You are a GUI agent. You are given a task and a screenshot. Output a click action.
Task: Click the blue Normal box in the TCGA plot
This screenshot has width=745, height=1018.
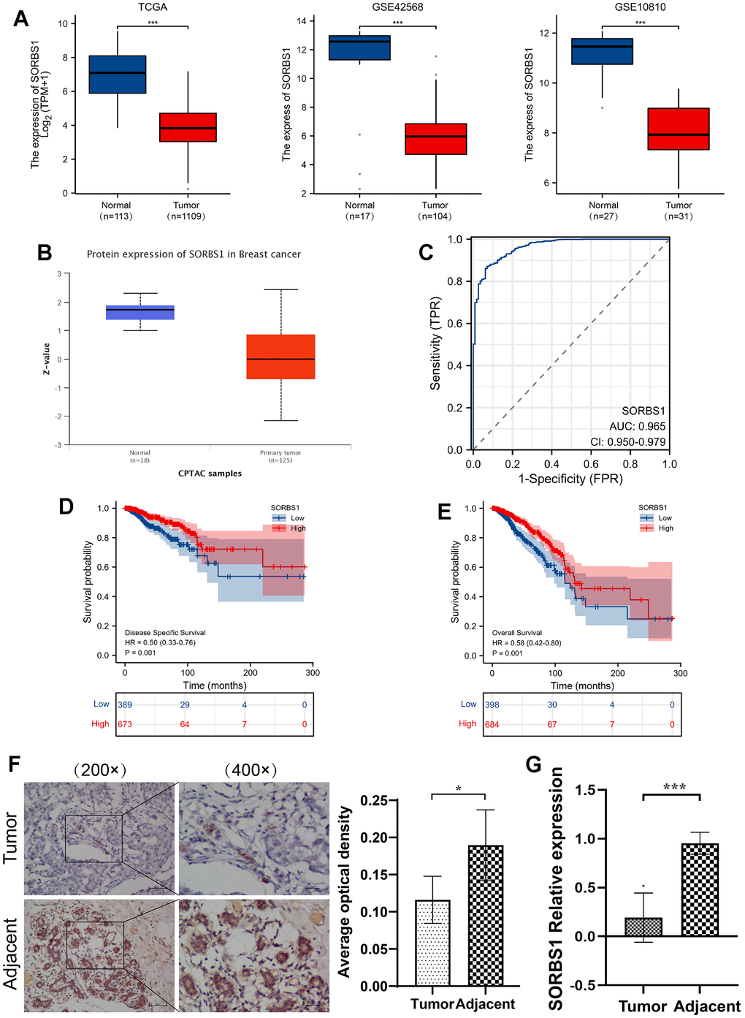coord(118,74)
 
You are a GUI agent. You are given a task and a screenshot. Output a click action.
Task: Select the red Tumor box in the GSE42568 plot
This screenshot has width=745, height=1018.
coord(435,139)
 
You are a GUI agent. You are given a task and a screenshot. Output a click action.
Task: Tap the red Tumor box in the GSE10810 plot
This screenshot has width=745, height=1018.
coord(679,129)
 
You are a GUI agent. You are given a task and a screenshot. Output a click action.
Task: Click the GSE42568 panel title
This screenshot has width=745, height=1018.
coord(397,7)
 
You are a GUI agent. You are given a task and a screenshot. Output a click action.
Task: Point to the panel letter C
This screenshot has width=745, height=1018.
coord(426,253)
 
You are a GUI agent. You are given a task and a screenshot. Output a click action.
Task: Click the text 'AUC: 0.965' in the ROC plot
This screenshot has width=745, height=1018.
coord(637,426)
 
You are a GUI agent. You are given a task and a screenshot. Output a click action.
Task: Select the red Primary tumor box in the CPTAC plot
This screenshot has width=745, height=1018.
coord(280,357)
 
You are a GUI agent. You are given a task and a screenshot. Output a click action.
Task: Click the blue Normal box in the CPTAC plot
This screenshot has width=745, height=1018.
coord(140,312)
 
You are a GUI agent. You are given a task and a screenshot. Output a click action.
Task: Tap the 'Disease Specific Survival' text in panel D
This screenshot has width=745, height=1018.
coord(165,633)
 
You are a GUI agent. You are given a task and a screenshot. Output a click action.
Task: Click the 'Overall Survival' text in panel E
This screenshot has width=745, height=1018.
coord(517,633)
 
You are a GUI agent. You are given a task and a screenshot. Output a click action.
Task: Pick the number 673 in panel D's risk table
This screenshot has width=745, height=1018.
coord(125,724)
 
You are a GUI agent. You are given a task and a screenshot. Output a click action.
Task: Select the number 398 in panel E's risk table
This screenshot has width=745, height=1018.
coord(492,704)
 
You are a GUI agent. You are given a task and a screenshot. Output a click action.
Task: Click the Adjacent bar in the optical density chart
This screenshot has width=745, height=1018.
coord(486,916)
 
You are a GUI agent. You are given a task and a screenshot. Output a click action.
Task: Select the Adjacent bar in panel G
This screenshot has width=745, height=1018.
coord(700,889)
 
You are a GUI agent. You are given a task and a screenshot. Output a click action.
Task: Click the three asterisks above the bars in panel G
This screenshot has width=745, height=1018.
coord(674,787)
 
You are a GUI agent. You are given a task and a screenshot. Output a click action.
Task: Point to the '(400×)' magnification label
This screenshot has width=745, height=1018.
coord(251,770)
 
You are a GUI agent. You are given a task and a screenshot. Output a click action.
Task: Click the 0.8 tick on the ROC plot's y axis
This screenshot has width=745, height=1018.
coord(455,281)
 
